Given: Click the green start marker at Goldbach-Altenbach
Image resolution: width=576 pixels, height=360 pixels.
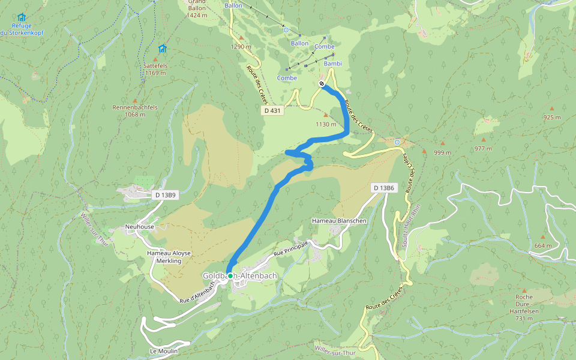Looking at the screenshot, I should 230,276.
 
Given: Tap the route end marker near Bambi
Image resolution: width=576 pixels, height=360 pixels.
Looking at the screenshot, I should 322,83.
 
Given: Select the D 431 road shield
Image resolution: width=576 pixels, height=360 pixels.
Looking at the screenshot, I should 272,111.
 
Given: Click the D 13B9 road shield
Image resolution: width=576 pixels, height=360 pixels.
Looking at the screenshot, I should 165,195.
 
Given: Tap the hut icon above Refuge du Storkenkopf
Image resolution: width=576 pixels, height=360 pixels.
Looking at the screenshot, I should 22,17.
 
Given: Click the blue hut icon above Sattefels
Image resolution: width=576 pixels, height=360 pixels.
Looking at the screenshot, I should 162,49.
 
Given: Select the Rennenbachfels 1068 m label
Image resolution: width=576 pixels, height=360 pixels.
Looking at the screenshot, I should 135,111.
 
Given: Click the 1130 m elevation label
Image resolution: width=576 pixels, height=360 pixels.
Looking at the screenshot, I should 326,124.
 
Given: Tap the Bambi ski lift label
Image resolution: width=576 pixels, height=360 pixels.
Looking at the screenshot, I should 332,63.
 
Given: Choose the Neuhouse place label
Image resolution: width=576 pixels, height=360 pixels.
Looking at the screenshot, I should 139,227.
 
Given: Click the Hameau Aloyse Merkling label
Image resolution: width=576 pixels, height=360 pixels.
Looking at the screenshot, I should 169,257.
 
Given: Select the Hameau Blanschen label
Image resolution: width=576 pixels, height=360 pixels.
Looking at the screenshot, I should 339,221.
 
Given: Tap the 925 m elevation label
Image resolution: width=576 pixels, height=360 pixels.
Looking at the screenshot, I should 551,117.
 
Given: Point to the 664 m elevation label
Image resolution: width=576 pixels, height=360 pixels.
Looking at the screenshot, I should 542,246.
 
